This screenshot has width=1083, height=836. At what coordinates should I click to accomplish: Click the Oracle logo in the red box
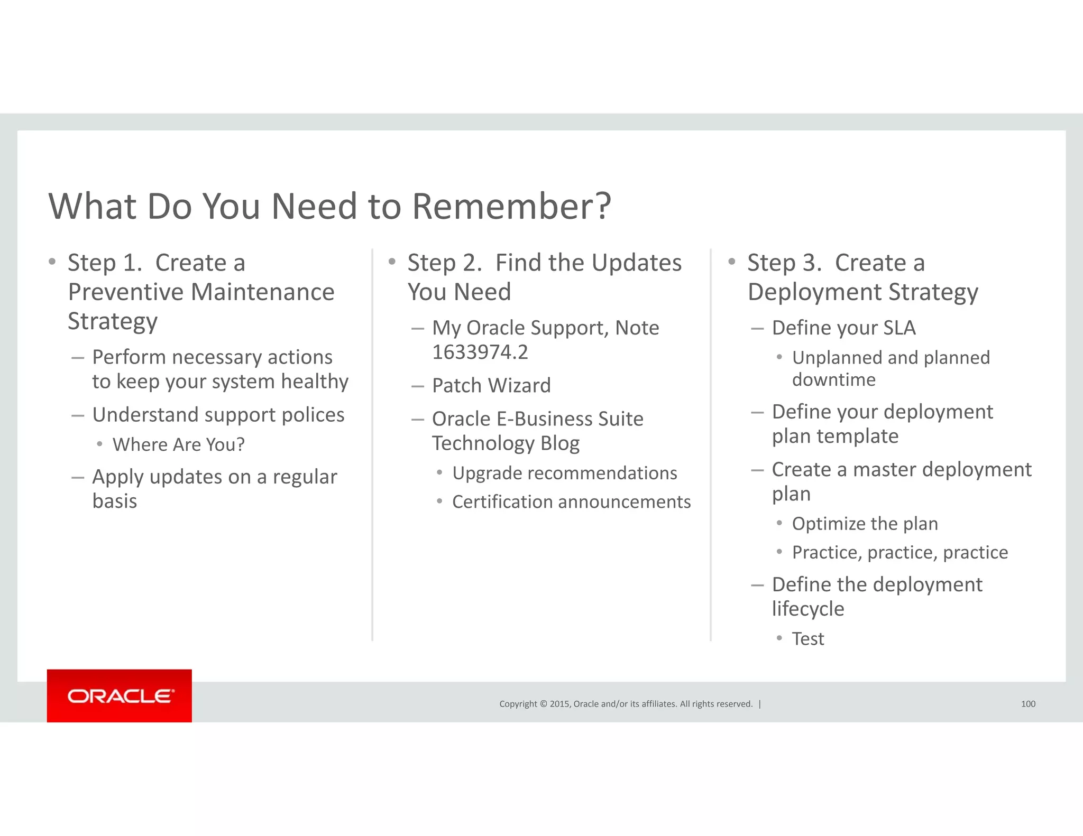point(120,696)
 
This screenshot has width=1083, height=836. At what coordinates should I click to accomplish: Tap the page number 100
point(1027,704)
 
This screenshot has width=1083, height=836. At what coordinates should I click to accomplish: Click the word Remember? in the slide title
point(511,206)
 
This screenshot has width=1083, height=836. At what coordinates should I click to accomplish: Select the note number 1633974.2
point(480,352)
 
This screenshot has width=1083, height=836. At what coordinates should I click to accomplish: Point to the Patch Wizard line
point(491,386)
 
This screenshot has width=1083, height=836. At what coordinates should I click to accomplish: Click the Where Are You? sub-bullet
point(178,445)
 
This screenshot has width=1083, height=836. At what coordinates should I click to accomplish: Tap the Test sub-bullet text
point(807,639)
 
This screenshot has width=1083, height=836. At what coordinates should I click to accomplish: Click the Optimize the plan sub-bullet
point(865,524)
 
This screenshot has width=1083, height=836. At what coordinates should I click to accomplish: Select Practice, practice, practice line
point(900,553)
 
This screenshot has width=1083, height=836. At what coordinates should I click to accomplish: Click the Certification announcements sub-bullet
point(571,502)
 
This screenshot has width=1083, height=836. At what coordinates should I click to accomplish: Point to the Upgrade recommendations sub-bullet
point(564,473)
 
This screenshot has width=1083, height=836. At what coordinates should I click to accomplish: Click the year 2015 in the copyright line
point(559,704)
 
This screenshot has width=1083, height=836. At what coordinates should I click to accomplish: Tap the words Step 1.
point(105,263)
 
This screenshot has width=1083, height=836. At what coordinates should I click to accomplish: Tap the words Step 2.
point(444,263)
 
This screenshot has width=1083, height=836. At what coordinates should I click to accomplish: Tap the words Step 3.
point(784,263)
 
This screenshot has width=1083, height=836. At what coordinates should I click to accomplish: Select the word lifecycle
point(807,609)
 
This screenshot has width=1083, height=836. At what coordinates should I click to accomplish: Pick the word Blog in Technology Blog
point(559,444)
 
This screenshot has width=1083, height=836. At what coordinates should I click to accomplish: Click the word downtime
point(833,380)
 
